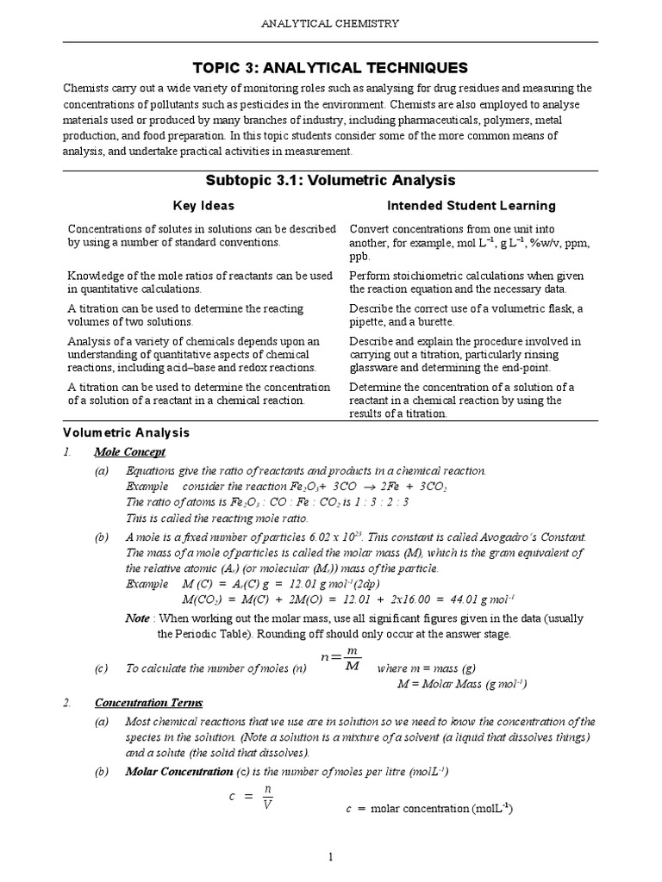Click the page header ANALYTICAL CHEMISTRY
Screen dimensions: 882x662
330,23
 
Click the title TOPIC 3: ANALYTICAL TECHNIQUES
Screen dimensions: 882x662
330,67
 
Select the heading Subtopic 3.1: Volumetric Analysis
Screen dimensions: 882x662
330,181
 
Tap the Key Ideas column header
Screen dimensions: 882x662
203,206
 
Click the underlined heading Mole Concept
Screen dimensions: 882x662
129,452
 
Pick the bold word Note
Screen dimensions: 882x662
137,618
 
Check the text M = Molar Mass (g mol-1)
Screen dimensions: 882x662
462,684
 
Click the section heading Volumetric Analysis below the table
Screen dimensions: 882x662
127,432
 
